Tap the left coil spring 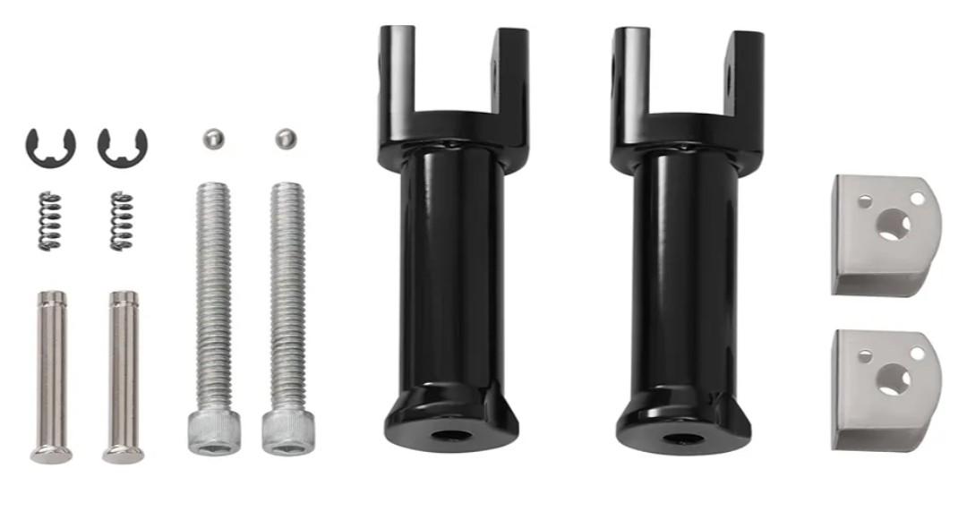pyautogui.click(x=50, y=221)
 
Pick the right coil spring pyautogui.click(x=122, y=221)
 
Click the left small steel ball pyautogui.click(x=212, y=139)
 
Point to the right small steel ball pyautogui.click(x=285, y=139)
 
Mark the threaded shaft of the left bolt pyautogui.click(x=213, y=295)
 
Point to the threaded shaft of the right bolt pyautogui.click(x=287, y=295)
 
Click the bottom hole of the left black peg pyautogui.click(x=451, y=438)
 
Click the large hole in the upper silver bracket pyautogui.click(x=893, y=225)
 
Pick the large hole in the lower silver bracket pyautogui.click(x=893, y=380)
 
